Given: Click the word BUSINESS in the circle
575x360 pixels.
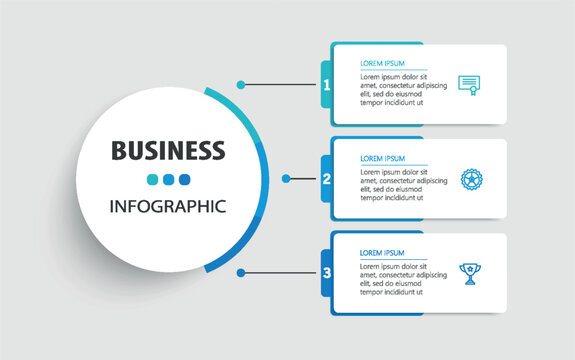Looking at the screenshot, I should point(168,151).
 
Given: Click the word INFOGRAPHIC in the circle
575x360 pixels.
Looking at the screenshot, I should point(168,207).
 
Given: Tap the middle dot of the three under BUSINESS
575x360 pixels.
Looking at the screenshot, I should point(168,180).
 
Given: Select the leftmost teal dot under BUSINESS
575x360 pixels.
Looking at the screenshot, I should point(152,180).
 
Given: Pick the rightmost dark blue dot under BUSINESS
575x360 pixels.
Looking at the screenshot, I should point(184,180).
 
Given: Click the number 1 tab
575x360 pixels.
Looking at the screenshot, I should point(327,84).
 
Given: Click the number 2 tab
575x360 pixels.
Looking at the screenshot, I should point(327,179).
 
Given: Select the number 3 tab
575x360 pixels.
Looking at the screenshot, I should point(327,272).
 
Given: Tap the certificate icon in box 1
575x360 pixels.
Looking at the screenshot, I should point(467,85).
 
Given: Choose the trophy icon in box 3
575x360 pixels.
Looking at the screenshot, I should point(468,272).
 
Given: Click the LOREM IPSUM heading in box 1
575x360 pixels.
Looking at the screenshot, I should point(384,63).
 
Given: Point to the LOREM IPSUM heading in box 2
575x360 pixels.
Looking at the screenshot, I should point(384,158).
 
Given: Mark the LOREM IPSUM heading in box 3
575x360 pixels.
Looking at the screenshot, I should point(384,252).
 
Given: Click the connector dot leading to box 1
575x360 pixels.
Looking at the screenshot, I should point(242,84).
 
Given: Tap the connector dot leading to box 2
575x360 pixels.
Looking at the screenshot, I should point(286,179).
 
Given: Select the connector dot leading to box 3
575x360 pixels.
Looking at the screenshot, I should point(241,272).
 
